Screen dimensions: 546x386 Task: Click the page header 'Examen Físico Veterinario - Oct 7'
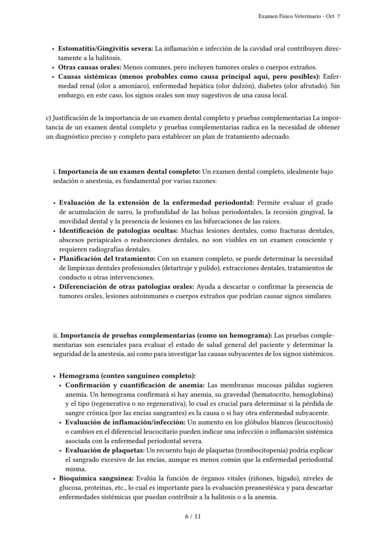[x=299, y=16]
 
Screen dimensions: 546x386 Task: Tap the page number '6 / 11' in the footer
[x=193, y=516]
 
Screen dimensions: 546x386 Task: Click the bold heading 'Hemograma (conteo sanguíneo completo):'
[x=127, y=376]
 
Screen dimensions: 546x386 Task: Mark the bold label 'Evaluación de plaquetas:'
[x=105, y=450]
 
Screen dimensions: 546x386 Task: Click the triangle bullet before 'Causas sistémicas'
[x=54, y=76]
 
